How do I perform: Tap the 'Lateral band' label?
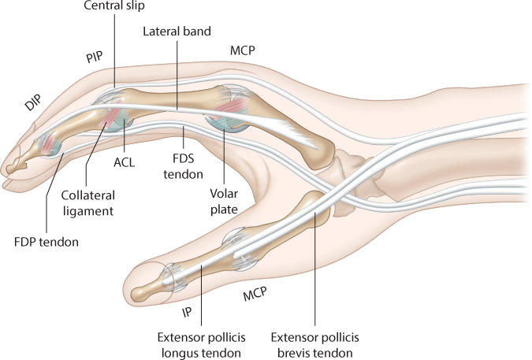[177, 32]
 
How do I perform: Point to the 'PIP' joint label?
[98, 58]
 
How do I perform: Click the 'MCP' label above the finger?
[241, 50]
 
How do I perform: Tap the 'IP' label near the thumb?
[187, 311]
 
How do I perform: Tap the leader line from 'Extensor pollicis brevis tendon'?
[314, 268]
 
